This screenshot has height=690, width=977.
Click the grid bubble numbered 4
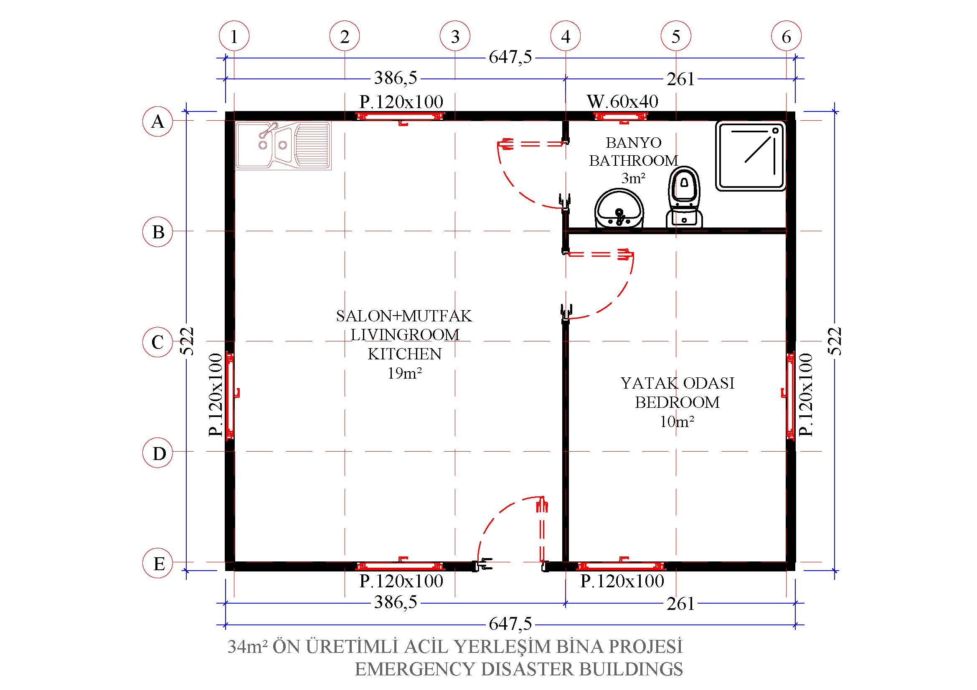point(566,37)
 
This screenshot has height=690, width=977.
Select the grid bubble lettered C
point(158,342)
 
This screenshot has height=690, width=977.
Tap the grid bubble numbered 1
point(234,37)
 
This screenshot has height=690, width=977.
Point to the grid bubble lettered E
point(158,563)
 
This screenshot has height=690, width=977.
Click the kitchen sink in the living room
point(283,146)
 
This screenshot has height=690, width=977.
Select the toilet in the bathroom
point(684,197)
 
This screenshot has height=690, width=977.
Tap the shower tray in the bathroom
point(751,156)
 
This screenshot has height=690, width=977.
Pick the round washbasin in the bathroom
point(619,208)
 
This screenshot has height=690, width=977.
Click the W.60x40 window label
point(622,101)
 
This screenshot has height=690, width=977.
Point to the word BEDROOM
point(678,402)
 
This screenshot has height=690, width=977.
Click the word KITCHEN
point(405,354)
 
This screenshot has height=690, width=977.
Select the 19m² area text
point(405,373)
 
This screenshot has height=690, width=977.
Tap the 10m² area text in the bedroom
point(677,421)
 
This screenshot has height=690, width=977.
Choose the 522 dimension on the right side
point(835,341)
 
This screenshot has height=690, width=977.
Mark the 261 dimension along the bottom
point(680,604)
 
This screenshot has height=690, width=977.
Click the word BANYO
point(634,142)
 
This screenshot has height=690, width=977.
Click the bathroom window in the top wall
point(621,116)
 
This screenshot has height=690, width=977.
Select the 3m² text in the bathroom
point(633,178)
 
